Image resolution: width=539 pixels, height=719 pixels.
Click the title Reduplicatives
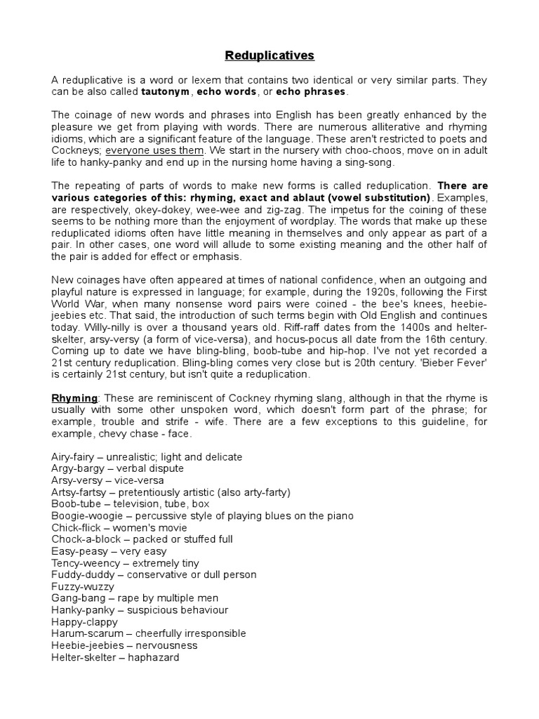(270, 55)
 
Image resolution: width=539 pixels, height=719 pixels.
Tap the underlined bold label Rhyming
(74, 398)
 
